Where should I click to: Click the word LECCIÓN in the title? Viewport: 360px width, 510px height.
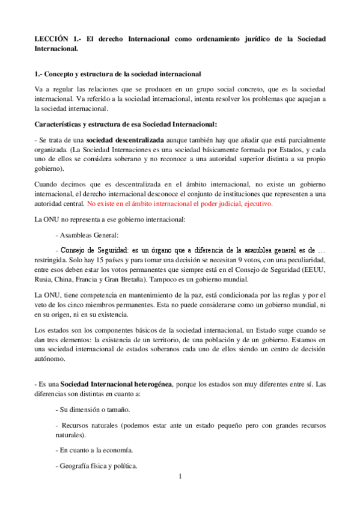51,38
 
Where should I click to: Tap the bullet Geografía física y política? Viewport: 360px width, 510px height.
96,464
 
